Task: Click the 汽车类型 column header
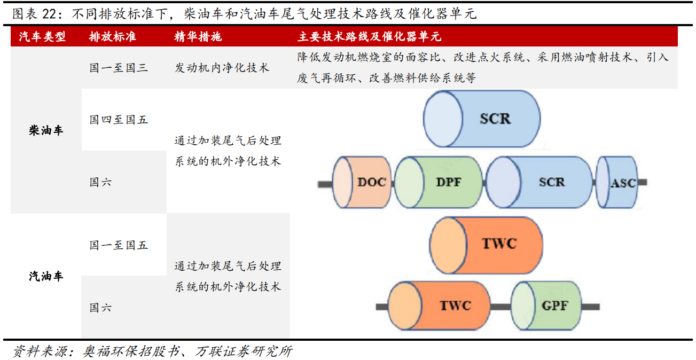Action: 42,37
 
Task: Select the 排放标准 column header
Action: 112,37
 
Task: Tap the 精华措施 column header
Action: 198,37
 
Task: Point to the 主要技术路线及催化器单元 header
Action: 369,37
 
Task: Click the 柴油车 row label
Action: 46,130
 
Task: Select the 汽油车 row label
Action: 46,276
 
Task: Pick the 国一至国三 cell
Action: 119,68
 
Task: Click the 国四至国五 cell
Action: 119,120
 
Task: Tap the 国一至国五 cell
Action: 119,245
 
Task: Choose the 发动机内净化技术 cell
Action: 222,68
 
